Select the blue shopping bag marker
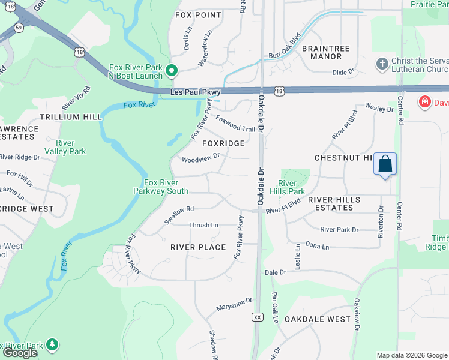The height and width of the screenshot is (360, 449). pos(385,163)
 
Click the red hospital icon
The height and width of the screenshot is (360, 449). pos(425,102)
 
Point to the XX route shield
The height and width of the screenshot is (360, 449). pos(258,316)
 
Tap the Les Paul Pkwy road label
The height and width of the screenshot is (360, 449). pos(195,92)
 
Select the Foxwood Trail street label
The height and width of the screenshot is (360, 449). pos(235,124)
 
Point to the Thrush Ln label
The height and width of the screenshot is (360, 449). pos(203,225)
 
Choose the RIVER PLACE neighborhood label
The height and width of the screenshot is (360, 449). pos(198,247)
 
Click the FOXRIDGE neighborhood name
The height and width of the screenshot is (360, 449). pos(223,143)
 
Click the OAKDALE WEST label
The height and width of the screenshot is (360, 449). pos(317,319)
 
